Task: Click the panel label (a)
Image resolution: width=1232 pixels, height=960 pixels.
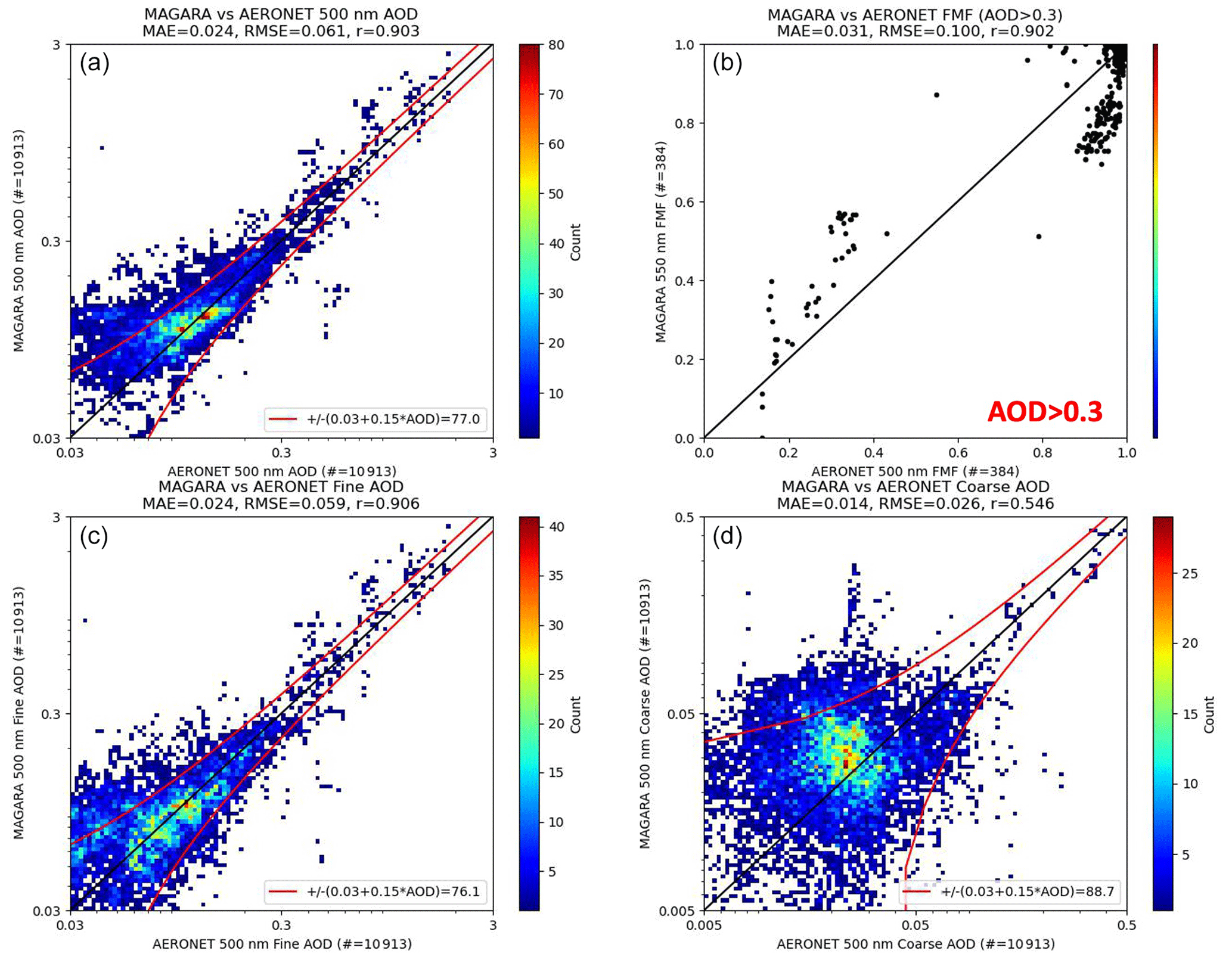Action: click(x=94, y=63)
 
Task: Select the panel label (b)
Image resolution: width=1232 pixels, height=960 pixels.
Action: click(x=727, y=63)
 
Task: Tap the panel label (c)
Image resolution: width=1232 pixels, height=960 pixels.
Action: click(x=94, y=536)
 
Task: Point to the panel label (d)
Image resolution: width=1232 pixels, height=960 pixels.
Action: click(x=727, y=536)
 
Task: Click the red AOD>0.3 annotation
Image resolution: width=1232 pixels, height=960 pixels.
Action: click(x=1044, y=412)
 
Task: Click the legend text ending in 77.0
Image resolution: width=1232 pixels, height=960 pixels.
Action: click(x=393, y=419)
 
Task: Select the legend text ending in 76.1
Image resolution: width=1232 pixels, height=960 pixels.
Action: click(x=393, y=891)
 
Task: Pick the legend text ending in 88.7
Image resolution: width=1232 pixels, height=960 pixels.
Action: click(x=1027, y=891)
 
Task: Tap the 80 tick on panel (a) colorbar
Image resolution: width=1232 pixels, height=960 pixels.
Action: click(x=556, y=45)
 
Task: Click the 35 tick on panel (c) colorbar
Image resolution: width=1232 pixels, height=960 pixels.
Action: click(x=556, y=576)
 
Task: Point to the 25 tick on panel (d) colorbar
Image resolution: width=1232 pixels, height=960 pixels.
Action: click(x=1190, y=574)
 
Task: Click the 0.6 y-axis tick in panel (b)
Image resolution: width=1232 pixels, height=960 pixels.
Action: click(x=684, y=202)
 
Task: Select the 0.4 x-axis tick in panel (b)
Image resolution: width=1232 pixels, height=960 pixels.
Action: click(x=873, y=453)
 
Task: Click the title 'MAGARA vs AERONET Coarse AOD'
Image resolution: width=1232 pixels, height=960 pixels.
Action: click(x=915, y=487)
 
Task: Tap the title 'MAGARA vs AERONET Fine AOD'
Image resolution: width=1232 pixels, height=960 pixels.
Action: click(x=281, y=487)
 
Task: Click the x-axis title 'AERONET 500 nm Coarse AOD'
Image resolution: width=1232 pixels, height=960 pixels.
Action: click(x=915, y=944)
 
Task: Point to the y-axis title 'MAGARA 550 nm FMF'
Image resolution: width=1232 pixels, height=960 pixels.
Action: click(x=660, y=241)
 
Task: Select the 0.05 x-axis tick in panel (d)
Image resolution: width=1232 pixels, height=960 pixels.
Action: click(x=915, y=925)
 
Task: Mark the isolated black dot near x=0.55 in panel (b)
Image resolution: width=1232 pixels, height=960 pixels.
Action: click(x=936, y=95)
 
